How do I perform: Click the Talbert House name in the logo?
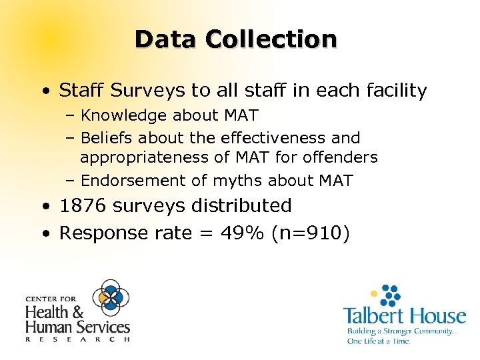404,315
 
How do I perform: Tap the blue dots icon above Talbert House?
387,294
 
